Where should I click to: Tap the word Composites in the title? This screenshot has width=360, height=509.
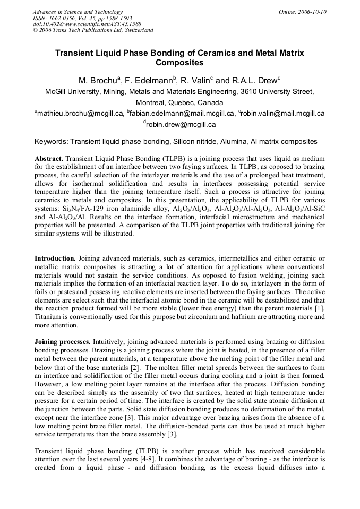(179, 63)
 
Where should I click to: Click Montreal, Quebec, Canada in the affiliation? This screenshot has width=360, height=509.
(179, 102)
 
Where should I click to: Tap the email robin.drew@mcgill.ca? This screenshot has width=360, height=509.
(181, 125)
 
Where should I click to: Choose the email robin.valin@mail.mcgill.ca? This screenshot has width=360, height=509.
(282, 114)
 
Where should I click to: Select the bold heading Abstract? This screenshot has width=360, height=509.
(49, 159)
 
